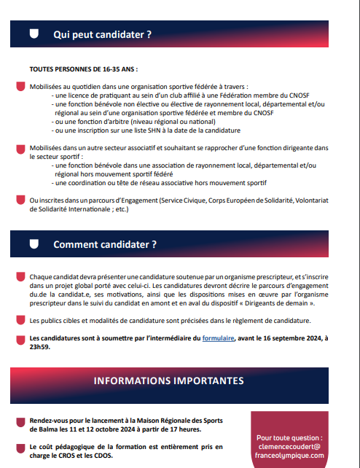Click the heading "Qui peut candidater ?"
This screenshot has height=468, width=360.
point(102,34)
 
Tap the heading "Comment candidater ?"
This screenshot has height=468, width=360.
point(105,244)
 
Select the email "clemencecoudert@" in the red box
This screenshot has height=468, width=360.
point(290,445)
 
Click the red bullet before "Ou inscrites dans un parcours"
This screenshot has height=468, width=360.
point(20,199)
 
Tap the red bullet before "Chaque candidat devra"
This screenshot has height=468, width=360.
point(20,278)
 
